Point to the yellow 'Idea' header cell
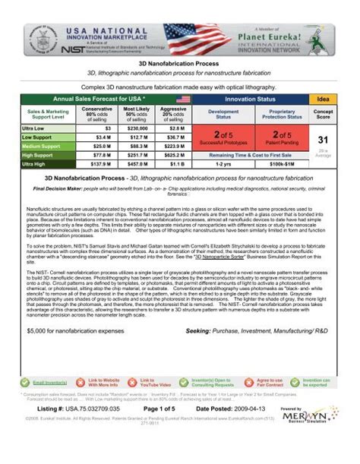(323, 99)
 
